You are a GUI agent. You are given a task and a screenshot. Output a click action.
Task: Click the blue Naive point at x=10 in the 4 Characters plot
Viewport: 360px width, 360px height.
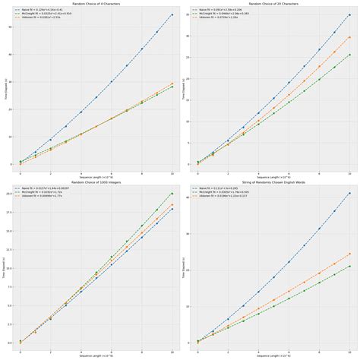[x=172, y=14]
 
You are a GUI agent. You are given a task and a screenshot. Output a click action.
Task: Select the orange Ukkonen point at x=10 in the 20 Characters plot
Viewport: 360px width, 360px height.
[x=349, y=36]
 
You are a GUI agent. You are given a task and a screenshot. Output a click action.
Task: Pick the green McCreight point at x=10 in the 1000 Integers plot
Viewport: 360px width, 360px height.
[x=172, y=194]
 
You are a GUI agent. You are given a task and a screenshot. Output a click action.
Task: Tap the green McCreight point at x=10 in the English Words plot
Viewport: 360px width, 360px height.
[x=349, y=266]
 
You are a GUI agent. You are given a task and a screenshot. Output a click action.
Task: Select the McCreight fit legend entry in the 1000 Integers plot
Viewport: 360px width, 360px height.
[x=42, y=192]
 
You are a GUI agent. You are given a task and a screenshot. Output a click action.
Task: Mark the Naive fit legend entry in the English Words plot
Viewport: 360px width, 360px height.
[x=220, y=188]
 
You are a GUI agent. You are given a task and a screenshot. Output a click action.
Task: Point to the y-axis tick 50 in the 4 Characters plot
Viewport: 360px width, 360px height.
[x=10, y=27]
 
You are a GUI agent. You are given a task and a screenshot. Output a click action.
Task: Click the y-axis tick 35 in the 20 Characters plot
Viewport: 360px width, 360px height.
[x=188, y=14]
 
